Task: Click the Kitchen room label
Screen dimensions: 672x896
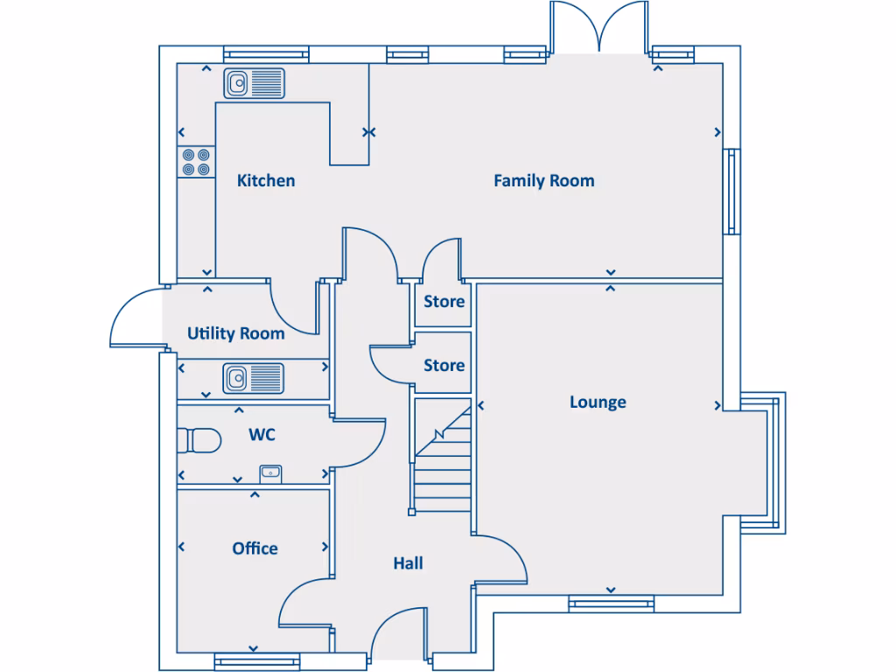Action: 266,181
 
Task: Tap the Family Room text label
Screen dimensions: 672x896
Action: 543,181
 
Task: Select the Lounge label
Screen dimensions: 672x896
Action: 598,402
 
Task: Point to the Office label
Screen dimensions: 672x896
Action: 255,549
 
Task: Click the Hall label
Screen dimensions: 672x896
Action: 408,563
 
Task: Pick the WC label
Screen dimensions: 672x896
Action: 263,434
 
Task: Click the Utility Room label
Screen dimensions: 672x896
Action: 235,333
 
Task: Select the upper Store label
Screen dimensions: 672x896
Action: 444,302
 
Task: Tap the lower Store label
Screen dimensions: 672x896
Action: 444,365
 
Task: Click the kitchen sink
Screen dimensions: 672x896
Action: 254,84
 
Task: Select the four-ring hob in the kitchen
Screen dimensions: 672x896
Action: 195,162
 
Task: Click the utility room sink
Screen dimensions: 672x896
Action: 253,378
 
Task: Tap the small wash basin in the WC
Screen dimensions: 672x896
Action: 270,473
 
